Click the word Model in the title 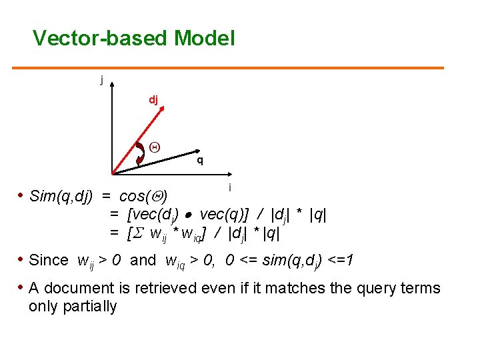(204, 38)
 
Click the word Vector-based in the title (101, 38)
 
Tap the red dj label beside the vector (153, 100)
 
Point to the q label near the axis (199, 161)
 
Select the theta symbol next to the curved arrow (153, 147)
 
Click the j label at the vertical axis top (101, 80)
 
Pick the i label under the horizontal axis (230, 188)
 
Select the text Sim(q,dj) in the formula (62, 197)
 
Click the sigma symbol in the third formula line (139, 234)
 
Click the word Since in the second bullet (49, 260)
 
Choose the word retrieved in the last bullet (167, 288)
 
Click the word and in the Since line (143, 260)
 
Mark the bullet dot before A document (20, 288)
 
